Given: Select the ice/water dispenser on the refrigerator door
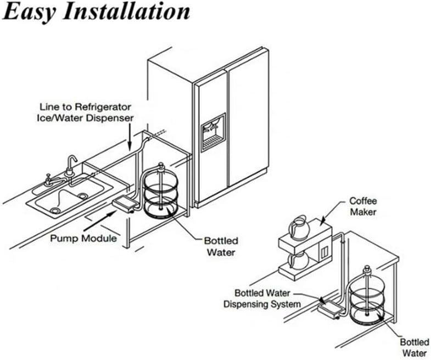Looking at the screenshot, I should coord(213,132).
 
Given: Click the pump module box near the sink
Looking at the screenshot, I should coord(126,205).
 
